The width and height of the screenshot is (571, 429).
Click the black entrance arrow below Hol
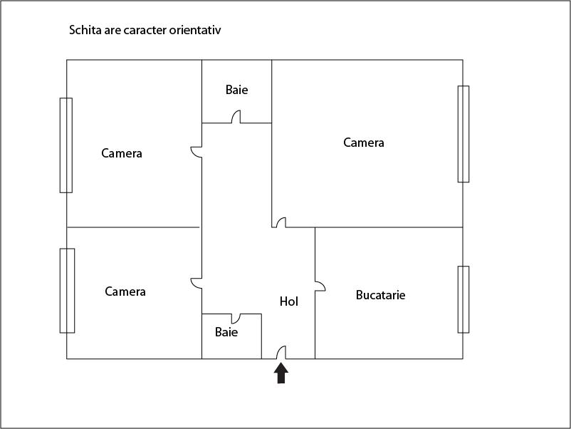[x=281, y=373]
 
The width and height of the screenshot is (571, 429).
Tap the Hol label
[x=289, y=301]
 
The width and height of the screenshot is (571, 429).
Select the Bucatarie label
[x=381, y=294]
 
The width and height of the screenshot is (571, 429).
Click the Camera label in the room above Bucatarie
[x=364, y=143]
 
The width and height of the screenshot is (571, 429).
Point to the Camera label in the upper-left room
[x=122, y=153]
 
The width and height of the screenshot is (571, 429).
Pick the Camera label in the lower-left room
[x=125, y=291]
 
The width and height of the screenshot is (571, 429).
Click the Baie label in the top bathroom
[x=237, y=90]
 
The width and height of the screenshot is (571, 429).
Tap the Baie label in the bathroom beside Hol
[x=226, y=332]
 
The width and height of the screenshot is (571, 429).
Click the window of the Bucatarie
[x=463, y=299]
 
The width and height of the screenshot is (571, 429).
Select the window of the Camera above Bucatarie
[x=463, y=134]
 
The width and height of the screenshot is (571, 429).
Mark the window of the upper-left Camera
[x=66, y=145]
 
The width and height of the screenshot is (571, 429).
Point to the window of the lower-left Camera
[x=67, y=290]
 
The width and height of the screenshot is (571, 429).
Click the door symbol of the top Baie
[x=236, y=118]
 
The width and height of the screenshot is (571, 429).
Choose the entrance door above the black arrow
[x=281, y=353]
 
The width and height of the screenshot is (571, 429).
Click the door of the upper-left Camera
[x=197, y=151]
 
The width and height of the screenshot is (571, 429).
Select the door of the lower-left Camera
[x=197, y=283]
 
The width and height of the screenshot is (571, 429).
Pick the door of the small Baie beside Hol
[x=236, y=318]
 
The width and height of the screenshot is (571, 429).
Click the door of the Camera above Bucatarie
[x=281, y=223]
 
